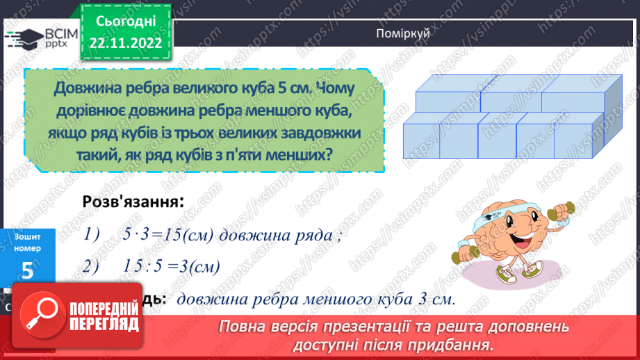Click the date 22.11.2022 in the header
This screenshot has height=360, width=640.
(126, 43)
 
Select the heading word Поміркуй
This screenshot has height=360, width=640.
(398, 34)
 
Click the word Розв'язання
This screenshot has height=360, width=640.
(129, 202)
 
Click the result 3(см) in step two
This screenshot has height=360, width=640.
(195, 266)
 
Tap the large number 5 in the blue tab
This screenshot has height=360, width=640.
(27, 271)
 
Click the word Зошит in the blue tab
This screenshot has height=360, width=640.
(27, 237)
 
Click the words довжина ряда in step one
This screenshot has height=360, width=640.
(277, 235)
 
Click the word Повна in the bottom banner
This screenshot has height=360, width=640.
(240, 327)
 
